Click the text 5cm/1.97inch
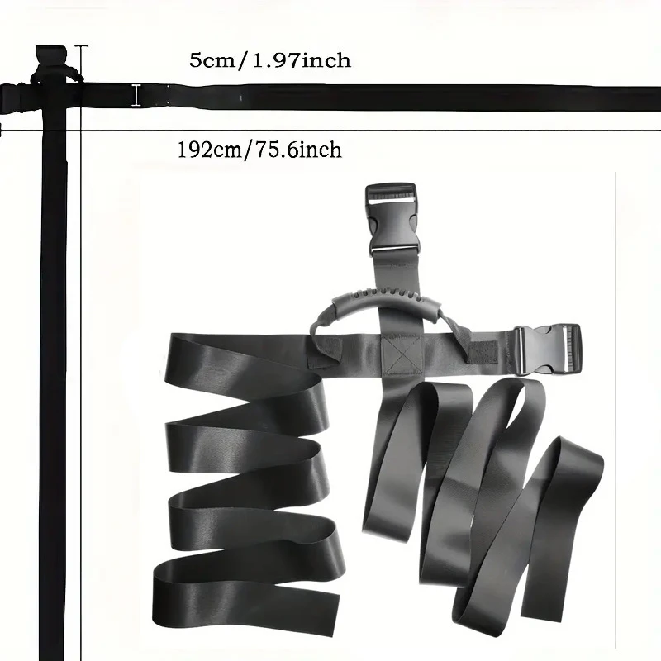tap(270, 60)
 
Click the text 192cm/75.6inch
tap(259, 150)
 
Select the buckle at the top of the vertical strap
tap(392, 219)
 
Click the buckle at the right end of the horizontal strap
tap(547, 349)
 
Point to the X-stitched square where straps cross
tap(402, 354)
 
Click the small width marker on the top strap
tap(136, 95)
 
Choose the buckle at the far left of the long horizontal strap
tap(15, 98)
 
